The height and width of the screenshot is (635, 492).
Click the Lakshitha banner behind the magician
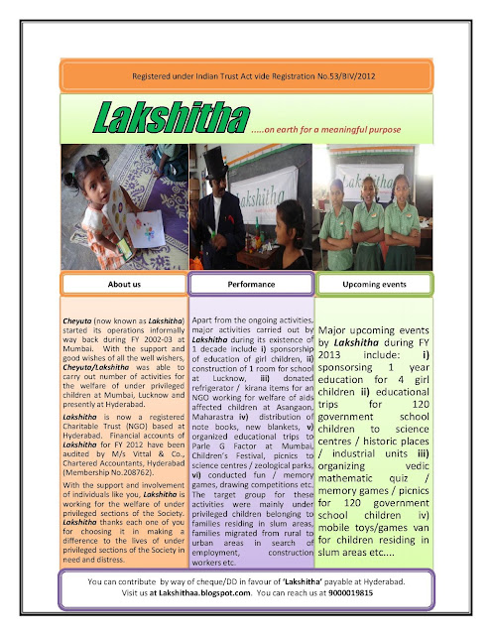(271, 190)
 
